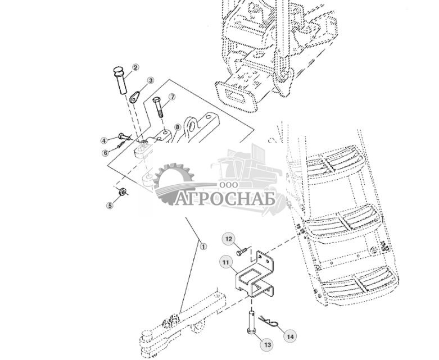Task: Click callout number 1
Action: [x=203, y=245]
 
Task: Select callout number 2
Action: [x=135, y=67]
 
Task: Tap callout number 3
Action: [x=150, y=81]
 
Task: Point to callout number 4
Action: [x=104, y=140]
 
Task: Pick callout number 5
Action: [x=110, y=206]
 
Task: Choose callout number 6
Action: [x=105, y=153]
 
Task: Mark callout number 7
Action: [x=173, y=97]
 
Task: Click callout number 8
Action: [x=176, y=127]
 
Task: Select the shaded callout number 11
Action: [x=224, y=262]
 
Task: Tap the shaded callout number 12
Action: [x=229, y=240]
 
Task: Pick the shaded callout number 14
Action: [x=289, y=337]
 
